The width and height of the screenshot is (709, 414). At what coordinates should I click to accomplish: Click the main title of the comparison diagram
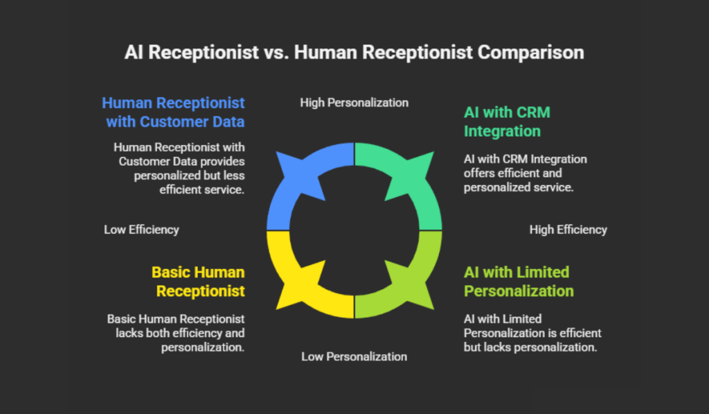tap(354, 53)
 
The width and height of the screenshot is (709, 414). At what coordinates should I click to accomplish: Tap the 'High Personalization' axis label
tap(354, 103)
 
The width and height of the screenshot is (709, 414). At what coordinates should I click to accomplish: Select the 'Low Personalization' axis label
tap(354, 356)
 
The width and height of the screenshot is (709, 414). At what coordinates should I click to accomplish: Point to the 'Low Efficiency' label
tap(141, 230)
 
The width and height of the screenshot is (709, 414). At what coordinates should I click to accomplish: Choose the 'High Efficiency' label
tap(568, 230)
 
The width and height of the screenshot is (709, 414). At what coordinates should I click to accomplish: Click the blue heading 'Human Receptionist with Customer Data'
tap(174, 112)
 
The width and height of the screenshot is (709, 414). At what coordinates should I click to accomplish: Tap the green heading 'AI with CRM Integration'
tap(507, 121)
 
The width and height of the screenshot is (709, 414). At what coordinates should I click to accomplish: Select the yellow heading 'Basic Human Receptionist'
tap(199, 282)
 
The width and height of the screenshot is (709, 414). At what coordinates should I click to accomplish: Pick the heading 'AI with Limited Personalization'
tap(519, 282)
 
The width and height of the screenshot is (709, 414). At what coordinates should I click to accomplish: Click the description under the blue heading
tap(179, 169)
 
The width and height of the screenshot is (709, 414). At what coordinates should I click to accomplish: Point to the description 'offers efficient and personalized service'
tap(525, 173)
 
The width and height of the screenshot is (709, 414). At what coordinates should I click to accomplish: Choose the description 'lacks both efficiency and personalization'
tap(176, 333)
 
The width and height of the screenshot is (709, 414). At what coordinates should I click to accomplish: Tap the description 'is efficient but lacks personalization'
tap(532, 333)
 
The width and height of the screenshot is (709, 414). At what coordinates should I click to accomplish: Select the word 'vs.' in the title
tap(276, 53)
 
